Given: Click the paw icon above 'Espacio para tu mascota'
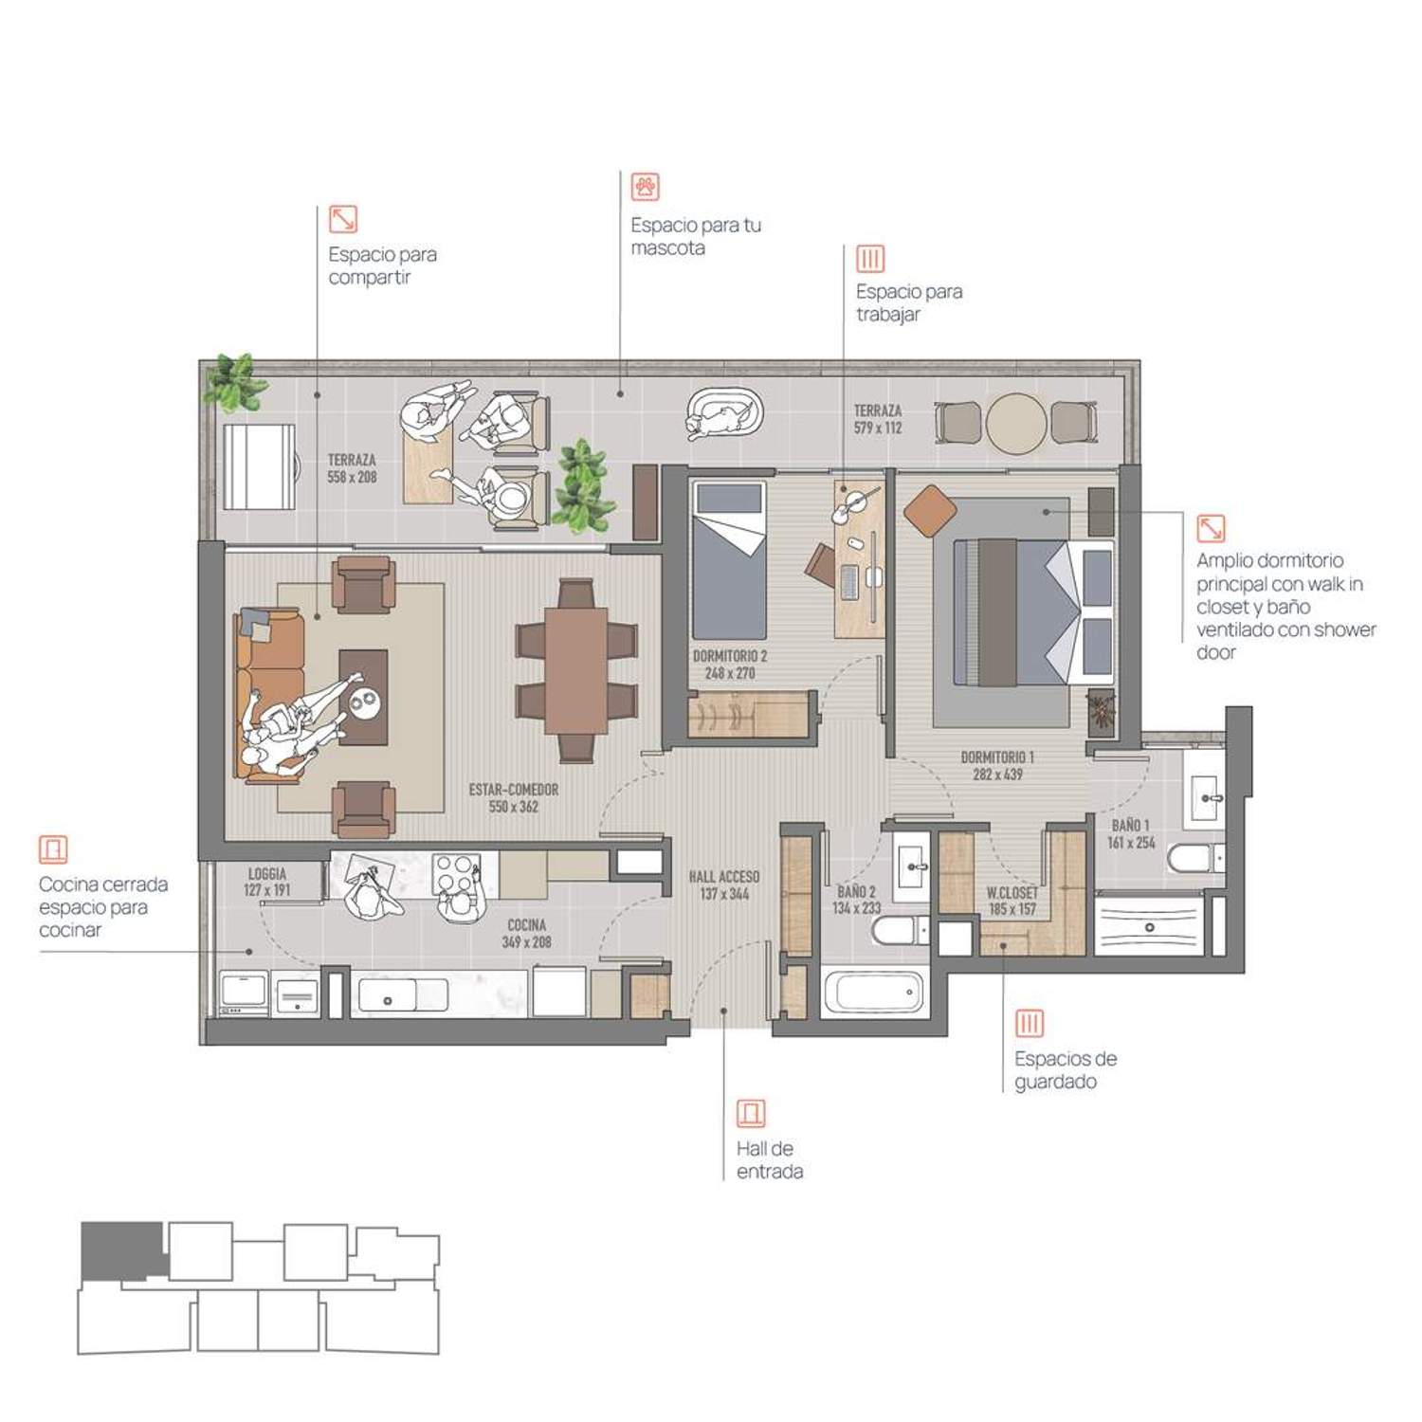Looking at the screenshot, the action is coord(646,187).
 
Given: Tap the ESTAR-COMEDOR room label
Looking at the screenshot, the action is coord(514,790).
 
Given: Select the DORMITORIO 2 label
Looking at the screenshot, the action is coord(730,656).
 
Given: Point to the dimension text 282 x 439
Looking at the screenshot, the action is coord(997,775).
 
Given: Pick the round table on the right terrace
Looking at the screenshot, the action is coord(1016,423).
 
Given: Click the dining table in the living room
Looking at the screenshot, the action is coord(576,670).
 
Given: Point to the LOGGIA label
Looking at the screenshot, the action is coord(267,874).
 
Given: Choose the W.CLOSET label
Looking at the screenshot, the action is coord(1012,893).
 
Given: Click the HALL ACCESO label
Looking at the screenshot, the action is coord(724,877).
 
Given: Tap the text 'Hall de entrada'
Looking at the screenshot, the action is coord(770,1160).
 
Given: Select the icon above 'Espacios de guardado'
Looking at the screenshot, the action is coord(1030,1024).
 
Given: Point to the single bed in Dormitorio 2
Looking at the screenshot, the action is coord(728,560).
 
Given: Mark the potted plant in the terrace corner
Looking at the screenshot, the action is coord(234,381).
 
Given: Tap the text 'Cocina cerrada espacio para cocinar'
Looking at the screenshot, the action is coord(103,907).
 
